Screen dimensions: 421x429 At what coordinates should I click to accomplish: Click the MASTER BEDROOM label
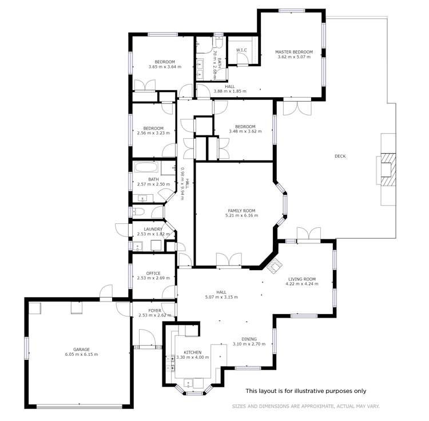(x=294, y=51)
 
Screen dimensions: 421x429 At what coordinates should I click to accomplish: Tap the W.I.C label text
(x=241, y=50)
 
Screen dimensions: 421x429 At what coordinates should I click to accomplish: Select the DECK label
(x=340, y=156)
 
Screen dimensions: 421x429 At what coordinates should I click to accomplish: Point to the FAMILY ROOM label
(x=241, y=210)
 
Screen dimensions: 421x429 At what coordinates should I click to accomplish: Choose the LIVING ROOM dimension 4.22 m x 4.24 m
(x=301, y=285)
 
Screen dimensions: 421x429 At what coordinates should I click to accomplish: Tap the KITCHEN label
(x=192, y=352)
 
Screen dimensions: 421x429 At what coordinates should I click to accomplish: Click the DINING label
(x=249, y=338)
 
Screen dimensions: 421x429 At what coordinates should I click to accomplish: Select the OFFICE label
(x=153, y=273)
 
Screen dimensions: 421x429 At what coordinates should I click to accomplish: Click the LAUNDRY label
(x=153, y=228)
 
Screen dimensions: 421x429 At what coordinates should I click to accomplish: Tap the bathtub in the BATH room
(x=147, y=169)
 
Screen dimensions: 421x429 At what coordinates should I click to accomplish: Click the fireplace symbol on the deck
(x=388, y=170)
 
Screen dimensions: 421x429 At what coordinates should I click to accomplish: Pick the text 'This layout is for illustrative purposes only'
(x=305, y=391)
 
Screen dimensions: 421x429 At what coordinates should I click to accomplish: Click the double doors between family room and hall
(x=228, y=260)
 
